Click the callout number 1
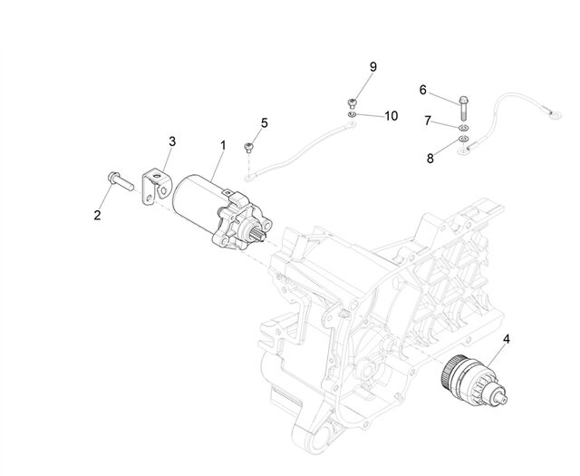(x=223, y=145)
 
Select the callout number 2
(x=97, y=215)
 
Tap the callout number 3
(x=172, y=141)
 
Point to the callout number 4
(x=507, y=339)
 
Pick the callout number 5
(x=264, y=123)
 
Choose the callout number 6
(x=423, y=90)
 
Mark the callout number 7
(x=428, y=121)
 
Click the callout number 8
(x=430, y=159)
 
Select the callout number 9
(x=373, y=67)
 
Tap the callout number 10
(x=391, y=116)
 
